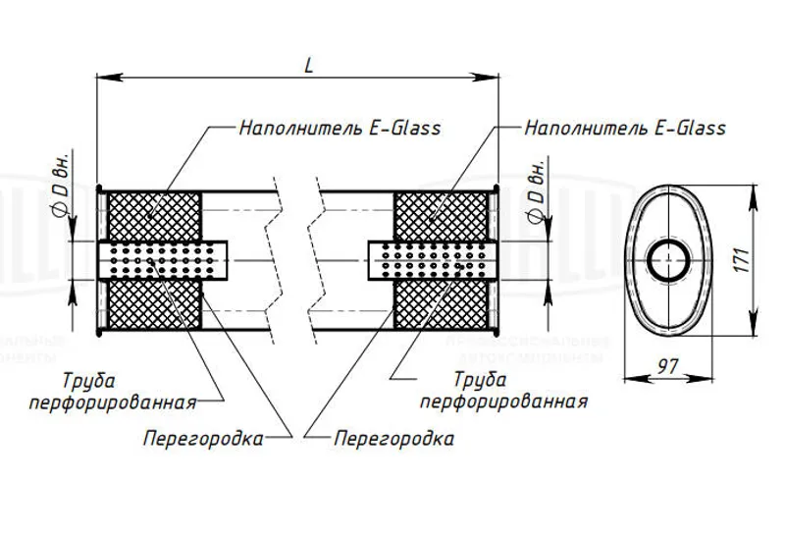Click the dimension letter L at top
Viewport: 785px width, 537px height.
(x=308, y=65)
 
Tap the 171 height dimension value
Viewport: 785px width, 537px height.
(x=743, y=259)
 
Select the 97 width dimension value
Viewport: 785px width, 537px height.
(x=668, y=367)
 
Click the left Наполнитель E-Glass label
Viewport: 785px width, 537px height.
(x=340, y=128)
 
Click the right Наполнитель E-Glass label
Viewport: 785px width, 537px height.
(x=625, y=128)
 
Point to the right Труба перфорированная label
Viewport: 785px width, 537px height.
(x=504, y=391)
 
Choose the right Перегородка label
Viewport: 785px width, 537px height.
(x=393, y=439)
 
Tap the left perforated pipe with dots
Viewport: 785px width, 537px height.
(x=163, y=260)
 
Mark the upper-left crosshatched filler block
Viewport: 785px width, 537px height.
(x=153, y=215)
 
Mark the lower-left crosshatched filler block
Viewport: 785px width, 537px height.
(x=153, y=306)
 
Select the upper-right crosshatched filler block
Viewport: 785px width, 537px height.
(x=441, y=215)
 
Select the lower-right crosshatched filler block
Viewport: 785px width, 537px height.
(x=441, y=306)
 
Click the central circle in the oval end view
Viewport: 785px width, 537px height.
(x=668, y=260)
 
